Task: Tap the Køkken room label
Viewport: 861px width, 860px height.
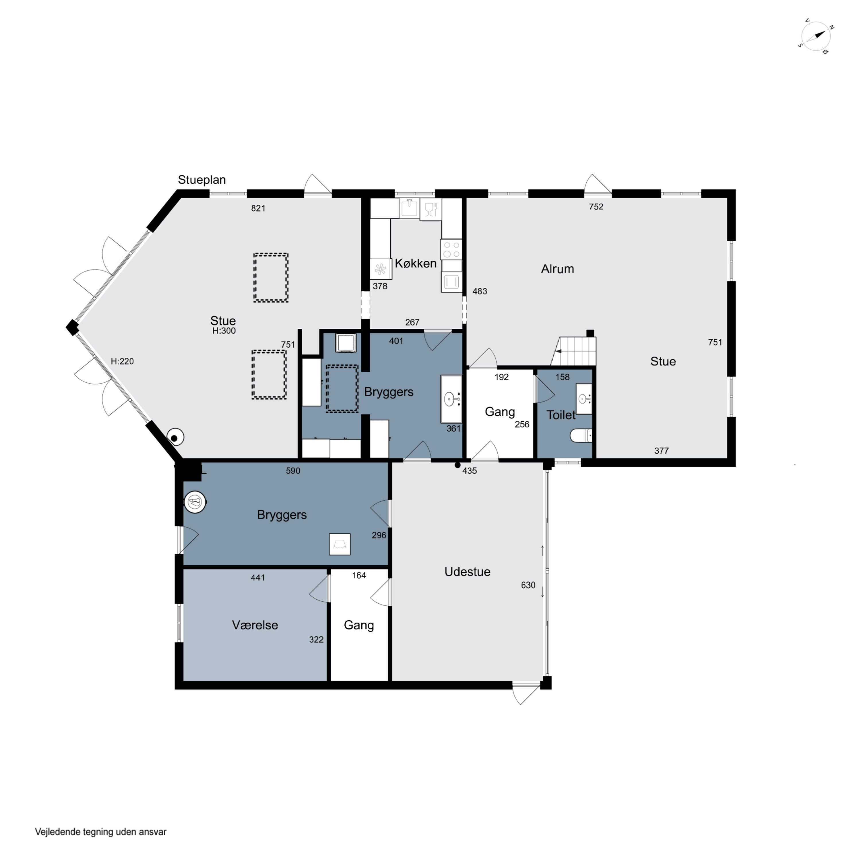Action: tap(415, 264)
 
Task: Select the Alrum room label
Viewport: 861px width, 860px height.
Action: tap(557, 269)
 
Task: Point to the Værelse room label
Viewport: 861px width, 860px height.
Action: tap(255, 625)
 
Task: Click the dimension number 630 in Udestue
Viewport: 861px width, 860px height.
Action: tap(528, 585)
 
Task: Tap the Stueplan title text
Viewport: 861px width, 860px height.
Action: tap(201, 180)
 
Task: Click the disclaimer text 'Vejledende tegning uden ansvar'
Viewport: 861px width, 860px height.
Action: tap(101, 832)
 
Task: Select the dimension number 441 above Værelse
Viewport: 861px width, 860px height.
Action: tap(258, 578)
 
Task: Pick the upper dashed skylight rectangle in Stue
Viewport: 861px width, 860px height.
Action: tap(271, 278)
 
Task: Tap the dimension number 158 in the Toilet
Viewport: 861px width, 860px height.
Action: tap(563, 377)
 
